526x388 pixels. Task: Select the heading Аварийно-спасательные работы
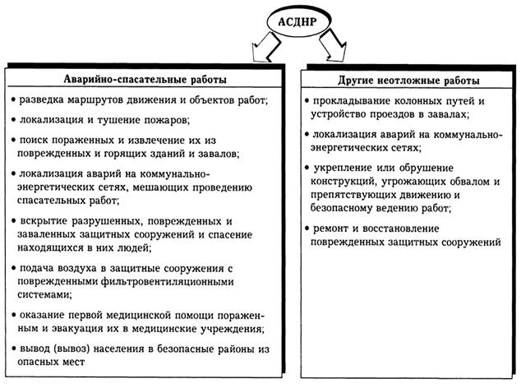(145, 80)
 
